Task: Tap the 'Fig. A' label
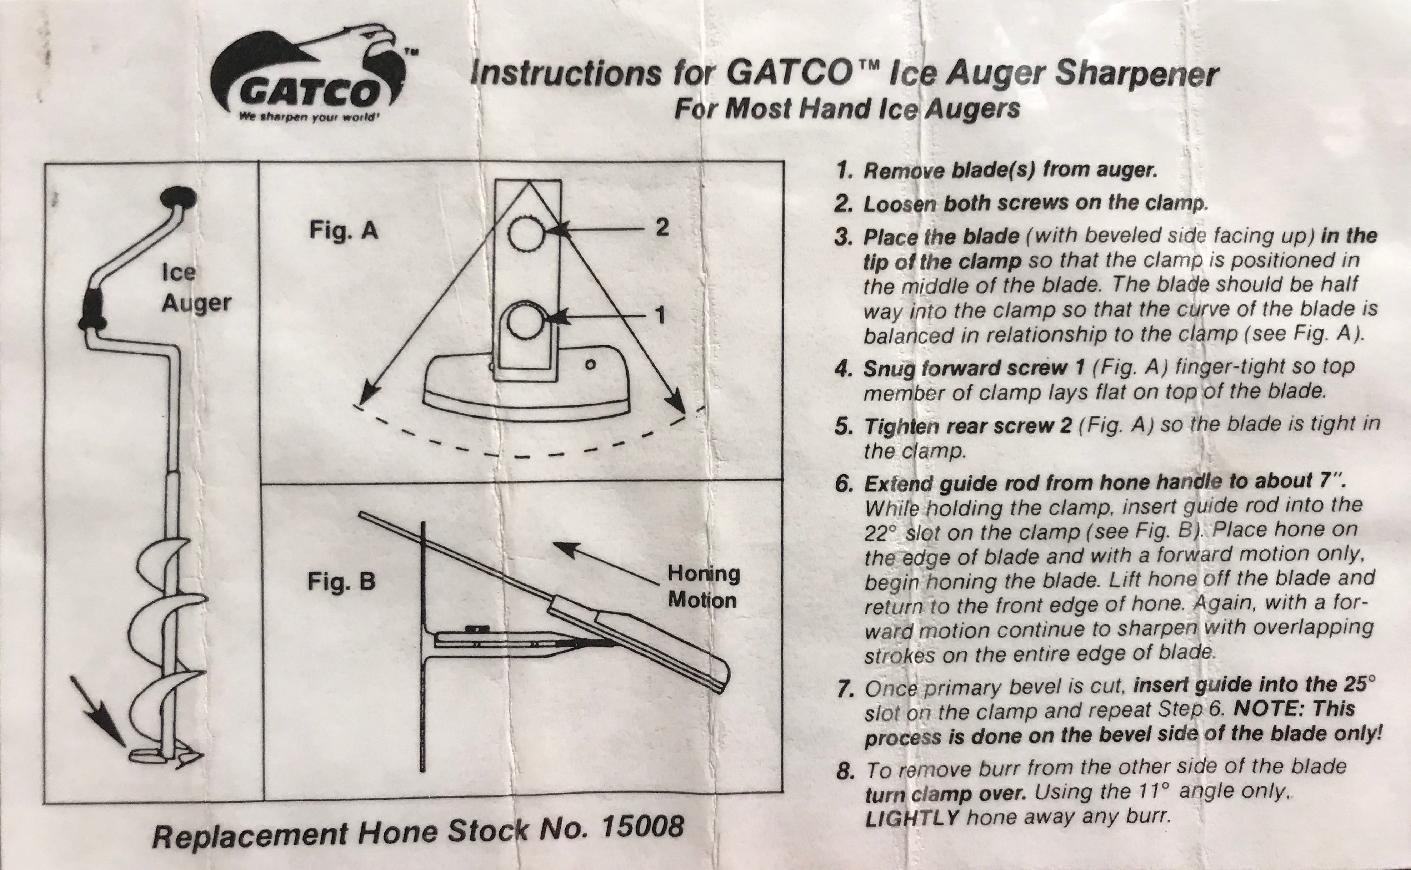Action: [344, 231]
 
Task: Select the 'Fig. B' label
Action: [341, 581]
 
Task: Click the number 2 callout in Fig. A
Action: [662, 228]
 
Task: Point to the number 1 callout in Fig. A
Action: [660, 315]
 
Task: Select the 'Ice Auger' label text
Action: [196, 288]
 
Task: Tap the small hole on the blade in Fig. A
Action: [589, 364]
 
